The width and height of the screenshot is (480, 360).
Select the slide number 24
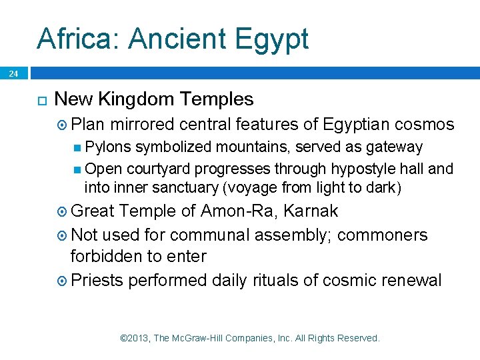click(x=14, y=74)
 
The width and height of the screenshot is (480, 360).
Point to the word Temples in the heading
click(x=219, y=100)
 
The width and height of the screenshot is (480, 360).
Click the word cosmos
click(x=424, y=125)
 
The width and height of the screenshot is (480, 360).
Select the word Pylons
click(x=108, y=147)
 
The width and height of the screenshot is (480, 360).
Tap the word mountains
click(x=259, y=147)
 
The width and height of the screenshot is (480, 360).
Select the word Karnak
click(x=311, y=211)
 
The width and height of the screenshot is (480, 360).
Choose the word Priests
click(x=97, y=280)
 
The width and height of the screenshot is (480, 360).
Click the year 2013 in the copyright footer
click(x=139, y=339)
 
